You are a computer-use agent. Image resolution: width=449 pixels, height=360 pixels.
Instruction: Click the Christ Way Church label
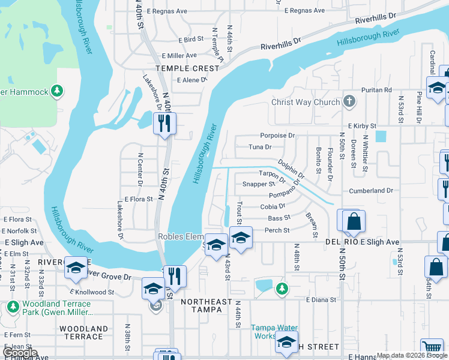[x=306, y=102]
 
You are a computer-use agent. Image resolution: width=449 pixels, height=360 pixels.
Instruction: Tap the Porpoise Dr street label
[x=277, y=135]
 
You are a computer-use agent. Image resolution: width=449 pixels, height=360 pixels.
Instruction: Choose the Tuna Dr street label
[x=260, y=146]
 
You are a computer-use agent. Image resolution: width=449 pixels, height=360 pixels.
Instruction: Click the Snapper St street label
[x=258, y=184]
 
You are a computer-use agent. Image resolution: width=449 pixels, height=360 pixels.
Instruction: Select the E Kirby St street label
[x=357, y=127]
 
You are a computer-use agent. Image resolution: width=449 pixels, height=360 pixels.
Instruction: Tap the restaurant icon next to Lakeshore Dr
[x=164, y=123]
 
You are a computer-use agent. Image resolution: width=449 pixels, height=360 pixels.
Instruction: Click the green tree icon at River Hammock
[x=57, y=91]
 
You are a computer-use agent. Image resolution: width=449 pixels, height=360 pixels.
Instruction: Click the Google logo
[x=19, y=353]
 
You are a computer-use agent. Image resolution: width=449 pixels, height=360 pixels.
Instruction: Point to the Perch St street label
[x=277, y=230]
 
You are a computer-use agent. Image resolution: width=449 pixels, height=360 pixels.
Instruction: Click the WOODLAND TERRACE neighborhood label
[x=83, y=332]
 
